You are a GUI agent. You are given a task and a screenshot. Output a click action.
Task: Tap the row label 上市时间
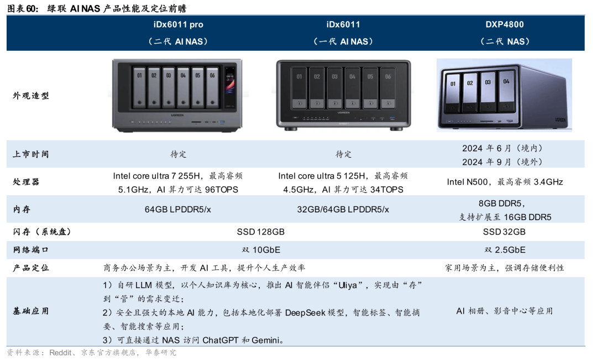pos(31,154)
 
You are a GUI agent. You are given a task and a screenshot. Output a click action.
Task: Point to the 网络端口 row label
pos(31,250)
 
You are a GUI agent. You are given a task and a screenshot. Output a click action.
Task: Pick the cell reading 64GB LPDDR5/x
pos(178,210)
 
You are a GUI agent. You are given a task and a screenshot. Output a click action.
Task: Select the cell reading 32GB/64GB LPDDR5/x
pos(343,210)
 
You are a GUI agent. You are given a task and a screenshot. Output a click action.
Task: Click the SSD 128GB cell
pos(261,232)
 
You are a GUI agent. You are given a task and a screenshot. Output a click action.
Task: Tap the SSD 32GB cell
pos(504,232)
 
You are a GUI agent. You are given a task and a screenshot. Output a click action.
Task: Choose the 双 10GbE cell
pos(261,250)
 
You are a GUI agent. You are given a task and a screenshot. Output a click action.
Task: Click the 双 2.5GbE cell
pos(505,250)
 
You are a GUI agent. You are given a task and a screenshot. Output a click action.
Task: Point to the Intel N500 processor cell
pos(505,182)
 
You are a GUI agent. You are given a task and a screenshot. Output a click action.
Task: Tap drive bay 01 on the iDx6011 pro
pos(139,87)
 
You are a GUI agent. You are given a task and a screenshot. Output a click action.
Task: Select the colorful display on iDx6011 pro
pos(230,86)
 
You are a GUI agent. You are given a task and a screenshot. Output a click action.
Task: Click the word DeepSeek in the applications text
pos(305,313)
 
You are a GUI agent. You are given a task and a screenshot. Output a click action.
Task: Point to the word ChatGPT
pos(221,340)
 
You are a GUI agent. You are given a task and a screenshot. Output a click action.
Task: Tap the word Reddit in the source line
pos(60,353)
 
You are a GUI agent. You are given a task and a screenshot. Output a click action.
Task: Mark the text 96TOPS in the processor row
pos(222,190)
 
